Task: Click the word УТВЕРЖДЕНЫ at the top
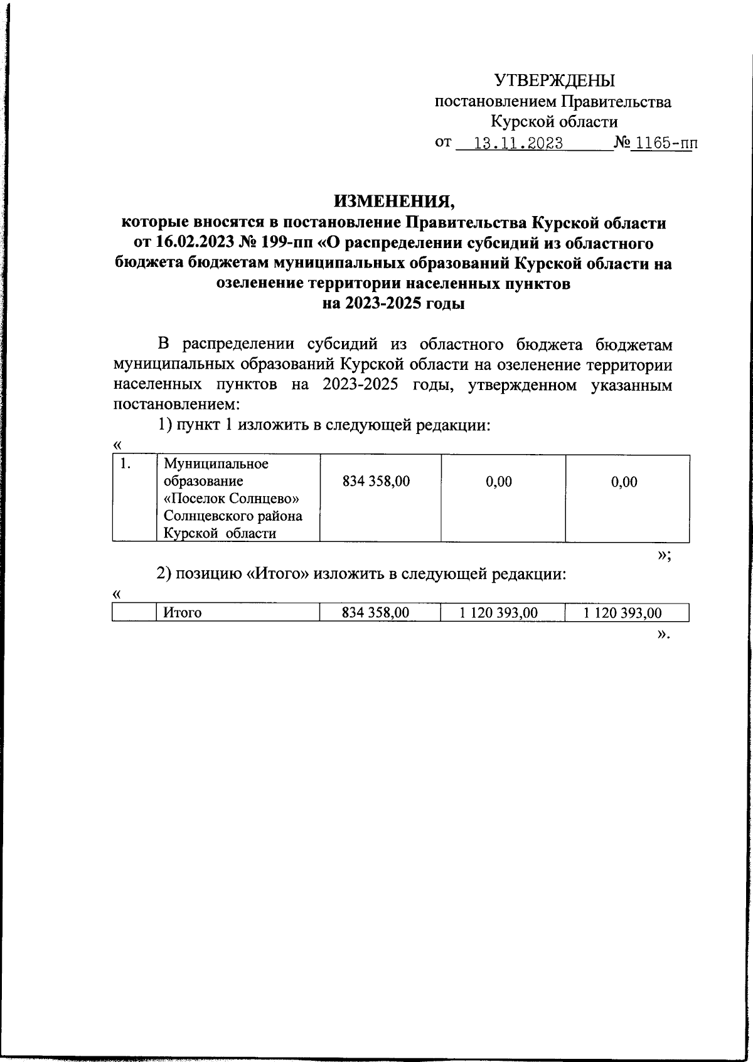(x=555, y=80)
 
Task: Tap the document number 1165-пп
(x=663, y=144)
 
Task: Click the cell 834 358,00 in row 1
(x=376, y=482)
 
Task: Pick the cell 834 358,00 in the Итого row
(x=375, y=613)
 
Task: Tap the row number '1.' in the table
(x=125, y=465)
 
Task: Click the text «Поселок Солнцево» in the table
(x=231, y=499)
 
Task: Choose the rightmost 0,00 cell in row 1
(x=624, y=482)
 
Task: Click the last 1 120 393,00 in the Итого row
(x=622, y=613)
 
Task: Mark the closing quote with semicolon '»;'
(x=664, y=555)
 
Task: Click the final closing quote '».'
(x=663, y=634)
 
